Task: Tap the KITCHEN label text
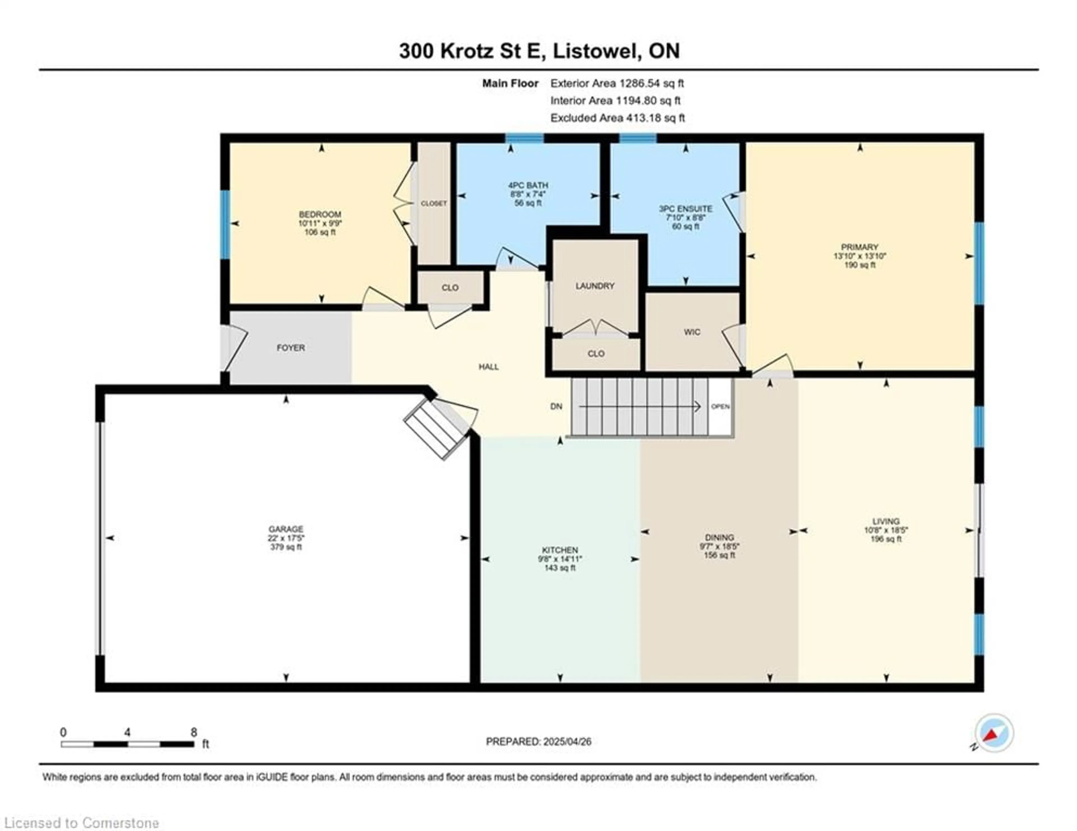click(560, 550)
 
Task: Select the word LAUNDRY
click(595, 286)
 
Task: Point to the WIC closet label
click(692, 332)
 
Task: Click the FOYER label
click(291, 348)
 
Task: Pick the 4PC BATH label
click(528, 185)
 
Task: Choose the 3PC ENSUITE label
click(685, 209)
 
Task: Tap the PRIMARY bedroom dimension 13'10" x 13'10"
click(860, 256)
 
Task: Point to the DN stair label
click(556, 407)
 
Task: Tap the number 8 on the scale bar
click(194, 732)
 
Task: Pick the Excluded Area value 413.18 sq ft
click(655, 118)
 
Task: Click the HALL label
click(489, 367)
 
